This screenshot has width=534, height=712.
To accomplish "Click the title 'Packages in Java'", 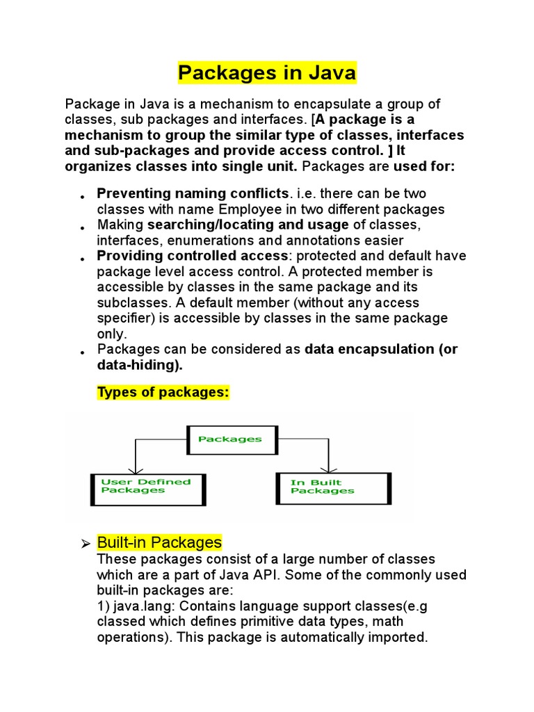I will click(x=267, y=72).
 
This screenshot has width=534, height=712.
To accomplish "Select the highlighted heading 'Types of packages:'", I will click(x=163, y=392).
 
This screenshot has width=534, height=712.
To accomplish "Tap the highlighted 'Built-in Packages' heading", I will click(x=159, y=542).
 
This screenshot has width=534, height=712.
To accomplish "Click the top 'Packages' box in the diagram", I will click(x=232, y=439).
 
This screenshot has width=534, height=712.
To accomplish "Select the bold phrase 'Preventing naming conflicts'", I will click(x=193, y=193).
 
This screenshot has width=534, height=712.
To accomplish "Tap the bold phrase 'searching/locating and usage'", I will click(x=248, y=225).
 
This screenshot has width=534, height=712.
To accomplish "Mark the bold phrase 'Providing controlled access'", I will click(x=192, y=256).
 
